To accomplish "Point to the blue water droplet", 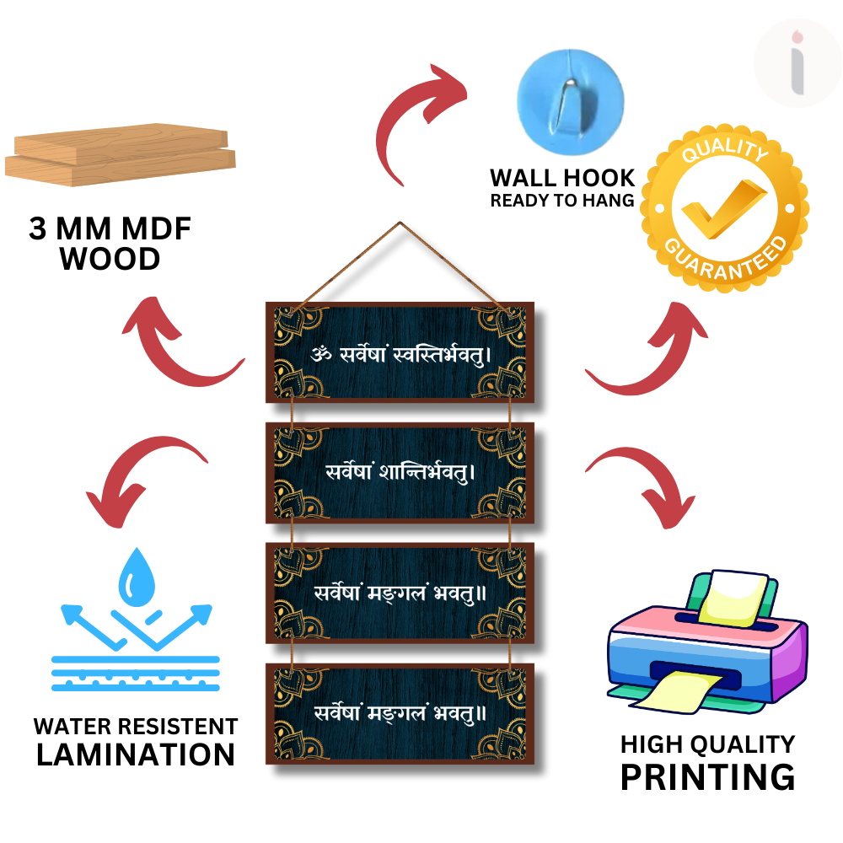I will point(136,576).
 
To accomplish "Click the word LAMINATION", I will point(136,754).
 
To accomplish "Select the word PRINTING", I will point(707,776).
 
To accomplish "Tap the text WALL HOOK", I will point(562,178).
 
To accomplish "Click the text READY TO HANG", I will point(562,201).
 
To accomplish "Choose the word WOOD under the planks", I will point(110,259).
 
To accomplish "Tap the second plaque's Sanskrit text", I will point(400,471).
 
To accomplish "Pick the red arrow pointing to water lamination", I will point(142,472).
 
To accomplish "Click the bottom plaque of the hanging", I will point(400,714).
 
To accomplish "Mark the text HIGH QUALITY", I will point(707,744).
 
